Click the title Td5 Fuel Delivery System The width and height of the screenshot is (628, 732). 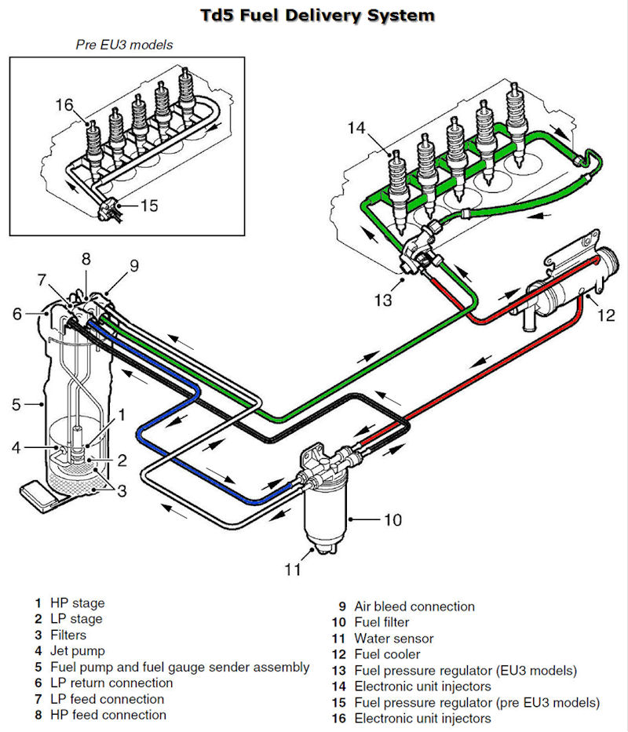(314, 14)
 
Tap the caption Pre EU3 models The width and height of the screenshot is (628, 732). (124, 45)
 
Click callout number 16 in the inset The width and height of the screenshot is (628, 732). (64, 103)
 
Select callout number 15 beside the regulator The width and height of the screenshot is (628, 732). (149, 206)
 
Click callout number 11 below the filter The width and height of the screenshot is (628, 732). (292, 570)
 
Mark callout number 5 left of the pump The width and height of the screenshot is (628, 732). (16, 405)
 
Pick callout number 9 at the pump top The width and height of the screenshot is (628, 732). (133, 265)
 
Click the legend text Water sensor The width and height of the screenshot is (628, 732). (393, 638)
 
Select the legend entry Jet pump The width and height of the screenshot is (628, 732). (78, 650)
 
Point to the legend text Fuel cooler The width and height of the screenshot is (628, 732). (387, 654)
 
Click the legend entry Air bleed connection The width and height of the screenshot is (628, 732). (414, 606)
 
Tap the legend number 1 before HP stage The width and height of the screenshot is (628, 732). (37, 603)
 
